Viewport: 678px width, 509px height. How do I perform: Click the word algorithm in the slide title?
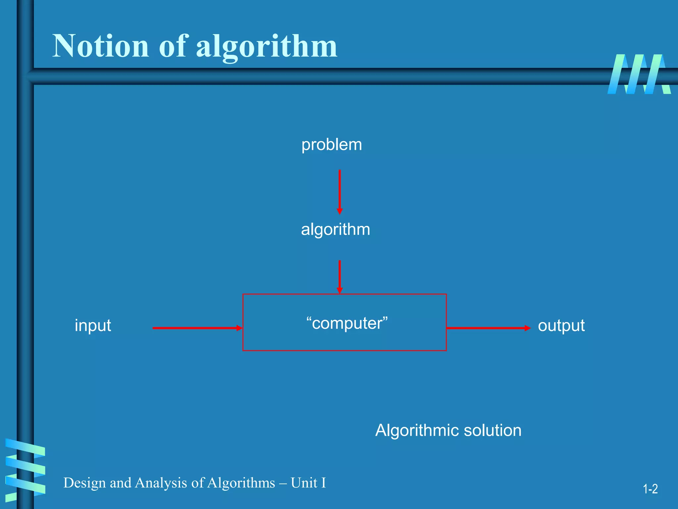coord(266,47)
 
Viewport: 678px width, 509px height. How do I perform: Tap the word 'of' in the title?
coord(173,46)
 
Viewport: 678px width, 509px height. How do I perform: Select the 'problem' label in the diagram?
coord(331,145)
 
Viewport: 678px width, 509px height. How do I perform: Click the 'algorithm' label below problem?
coord(335,230)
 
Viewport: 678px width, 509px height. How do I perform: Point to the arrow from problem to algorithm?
coord(340,192)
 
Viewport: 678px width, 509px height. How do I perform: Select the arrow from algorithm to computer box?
coord(340,277)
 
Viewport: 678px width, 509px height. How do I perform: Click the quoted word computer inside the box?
coord(347,323)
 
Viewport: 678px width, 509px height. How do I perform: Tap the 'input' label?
coord(93,325)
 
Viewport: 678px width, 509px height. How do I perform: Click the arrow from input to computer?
coord(197,328)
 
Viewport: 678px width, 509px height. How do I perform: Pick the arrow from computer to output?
coord(488,328)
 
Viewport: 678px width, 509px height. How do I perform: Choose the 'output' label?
coord(561,326)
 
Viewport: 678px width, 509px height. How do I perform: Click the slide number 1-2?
coord(650,489)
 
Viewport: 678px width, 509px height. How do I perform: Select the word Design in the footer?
coord(84,483)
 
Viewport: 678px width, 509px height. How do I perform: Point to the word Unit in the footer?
coord(304,483)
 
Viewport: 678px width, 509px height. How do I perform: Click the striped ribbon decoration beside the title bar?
coord(639,74)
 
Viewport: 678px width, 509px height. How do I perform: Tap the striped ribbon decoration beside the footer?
coord(25,468)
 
